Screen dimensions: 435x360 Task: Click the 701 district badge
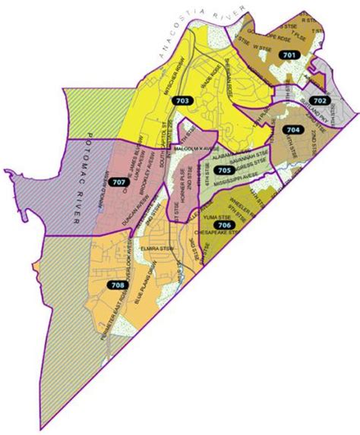(x=289, y=55)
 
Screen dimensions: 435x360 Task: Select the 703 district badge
(x=182, y=101)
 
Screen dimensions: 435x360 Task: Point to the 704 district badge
(x=292, y=130)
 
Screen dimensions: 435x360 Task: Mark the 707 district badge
(x=118, y=182)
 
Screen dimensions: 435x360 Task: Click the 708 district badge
(x=118, y=285)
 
